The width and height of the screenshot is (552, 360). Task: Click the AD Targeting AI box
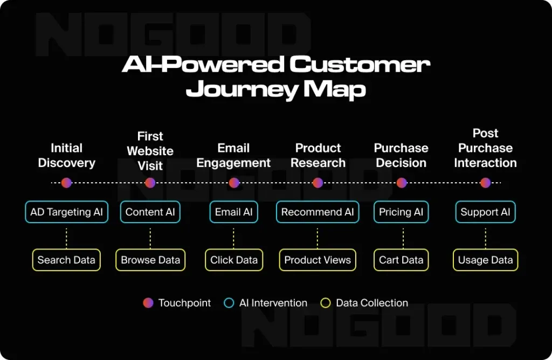pos(66,212)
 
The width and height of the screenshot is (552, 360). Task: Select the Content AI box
pos(150,212)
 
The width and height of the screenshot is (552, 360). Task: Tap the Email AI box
pos(234,212)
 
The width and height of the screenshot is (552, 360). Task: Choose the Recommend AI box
pos(318,212)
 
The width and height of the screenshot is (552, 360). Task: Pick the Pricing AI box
pos(401,212)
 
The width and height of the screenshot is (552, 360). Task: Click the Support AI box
pos(486,212)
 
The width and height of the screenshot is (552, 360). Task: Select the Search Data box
pos(66,260)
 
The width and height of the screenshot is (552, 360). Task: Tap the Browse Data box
pos(150,260)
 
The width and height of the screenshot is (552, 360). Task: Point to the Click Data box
pos(234,260)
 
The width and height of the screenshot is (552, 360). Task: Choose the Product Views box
pos(318,260)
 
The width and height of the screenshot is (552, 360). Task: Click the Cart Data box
pos(401,260)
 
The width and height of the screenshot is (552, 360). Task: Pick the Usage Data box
pos(486,260)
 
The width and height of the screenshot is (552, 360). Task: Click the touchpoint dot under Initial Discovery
pos(66,183)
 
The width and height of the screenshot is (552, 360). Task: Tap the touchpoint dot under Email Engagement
pos(234,183)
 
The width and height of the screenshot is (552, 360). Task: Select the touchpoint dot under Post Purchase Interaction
pos(486,183)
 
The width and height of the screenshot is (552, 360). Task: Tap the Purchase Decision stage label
pos(401,155)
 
